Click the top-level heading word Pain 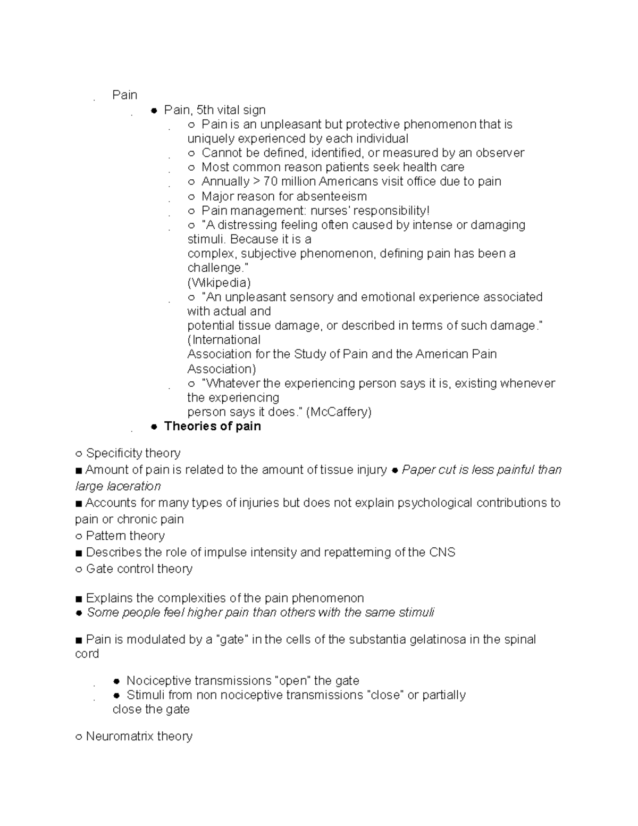124,95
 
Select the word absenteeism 331,196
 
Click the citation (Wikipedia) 219,282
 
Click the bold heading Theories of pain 212,426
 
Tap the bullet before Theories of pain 154,427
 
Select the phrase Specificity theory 133,453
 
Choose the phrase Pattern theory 125,536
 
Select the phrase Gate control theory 139,569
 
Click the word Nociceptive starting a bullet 158,681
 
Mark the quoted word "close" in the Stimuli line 385,695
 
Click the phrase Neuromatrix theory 139,736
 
